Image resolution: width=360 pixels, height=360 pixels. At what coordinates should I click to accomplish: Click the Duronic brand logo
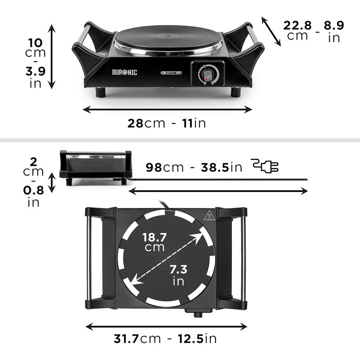coord(124,73)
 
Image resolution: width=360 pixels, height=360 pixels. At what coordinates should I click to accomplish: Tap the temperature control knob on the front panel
coord(208,74)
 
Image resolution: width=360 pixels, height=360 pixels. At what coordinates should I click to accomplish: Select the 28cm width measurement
coord(146,123)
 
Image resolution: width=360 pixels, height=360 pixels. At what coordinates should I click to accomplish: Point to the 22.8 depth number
coord(297,25)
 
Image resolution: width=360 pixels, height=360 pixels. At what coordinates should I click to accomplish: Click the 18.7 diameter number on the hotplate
coord(154,237)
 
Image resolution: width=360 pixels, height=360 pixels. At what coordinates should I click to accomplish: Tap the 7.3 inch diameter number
coord(178,269)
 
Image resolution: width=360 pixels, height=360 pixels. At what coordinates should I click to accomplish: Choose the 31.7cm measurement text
coord(137,338)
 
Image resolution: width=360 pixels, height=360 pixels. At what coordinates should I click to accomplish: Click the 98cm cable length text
coord(165,167)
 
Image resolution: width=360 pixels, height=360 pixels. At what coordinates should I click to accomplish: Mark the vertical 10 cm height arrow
coord(52,57)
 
